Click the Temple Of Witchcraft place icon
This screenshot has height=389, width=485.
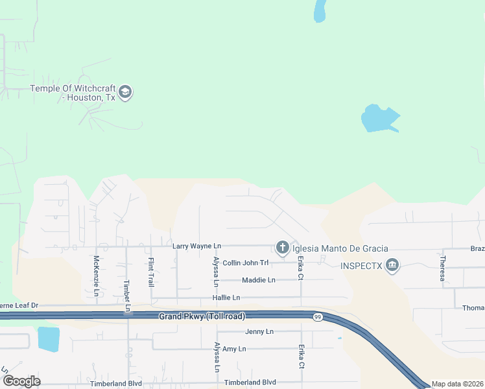pyautogui.click(x=126, y=92)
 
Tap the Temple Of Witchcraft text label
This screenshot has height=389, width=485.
pyautogui.click(x=73, y=93)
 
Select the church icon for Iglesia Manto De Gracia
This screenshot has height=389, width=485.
pyautogui.click(x=282, y=248)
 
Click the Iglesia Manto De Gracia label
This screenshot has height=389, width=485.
pyautogui.click(x=340, y=248)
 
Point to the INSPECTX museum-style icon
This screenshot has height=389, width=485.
pyautogui.click(x=392, y=265)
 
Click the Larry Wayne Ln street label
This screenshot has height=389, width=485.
pyautogui.click(x=197, y=246)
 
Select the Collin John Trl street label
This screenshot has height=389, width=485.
pyautogui.click(x=245, y=263)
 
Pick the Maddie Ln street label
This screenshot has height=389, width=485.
pyautogui.click(x=259, y=280)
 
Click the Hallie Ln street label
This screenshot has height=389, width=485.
pyautogui.click(x=226, y=298)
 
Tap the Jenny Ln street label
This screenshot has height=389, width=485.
pyautogui.click(x=259, y=331)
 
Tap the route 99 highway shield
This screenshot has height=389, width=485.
pyautogui.click(x=317, y=317)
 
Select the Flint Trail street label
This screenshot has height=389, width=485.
pyautogui.click(x=150, y=272)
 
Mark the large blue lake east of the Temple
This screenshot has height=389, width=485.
pyautogui.click(x=378, y=119)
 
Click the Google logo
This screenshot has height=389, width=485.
pyautogui.click(x=21, y=381)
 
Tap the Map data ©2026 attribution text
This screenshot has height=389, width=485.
pyautogui.click(x=458, y=384)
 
